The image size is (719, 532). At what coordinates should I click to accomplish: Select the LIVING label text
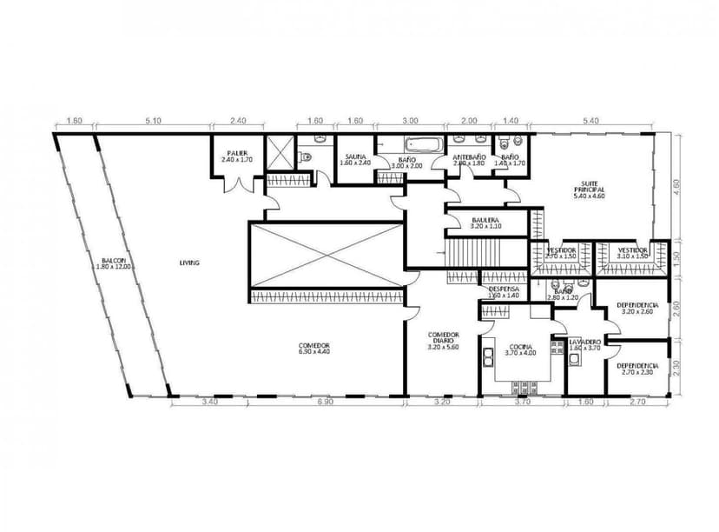190,262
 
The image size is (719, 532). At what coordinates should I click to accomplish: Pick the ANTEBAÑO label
469,159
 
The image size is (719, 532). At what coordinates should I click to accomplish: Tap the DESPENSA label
504,291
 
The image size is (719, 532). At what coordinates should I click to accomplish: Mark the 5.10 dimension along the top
154,121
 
